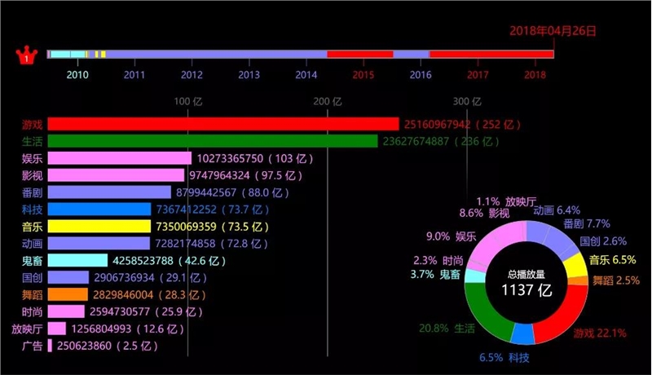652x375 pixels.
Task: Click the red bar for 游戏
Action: click(222, 124)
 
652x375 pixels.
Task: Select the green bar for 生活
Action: click(212, 141)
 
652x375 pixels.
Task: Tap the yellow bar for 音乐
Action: click(98, 227)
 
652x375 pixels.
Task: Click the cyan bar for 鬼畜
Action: click(77, 261)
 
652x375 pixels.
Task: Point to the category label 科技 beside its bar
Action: click(33, 210)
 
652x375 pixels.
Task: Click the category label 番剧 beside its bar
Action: click(33, 192)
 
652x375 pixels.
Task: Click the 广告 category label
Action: click(33, 346)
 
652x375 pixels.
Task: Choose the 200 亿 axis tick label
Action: click(328, 102)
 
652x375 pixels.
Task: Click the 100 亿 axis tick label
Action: click(188, 102)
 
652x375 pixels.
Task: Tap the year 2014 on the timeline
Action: click(306, 74)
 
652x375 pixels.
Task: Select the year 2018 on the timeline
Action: click(535, 74)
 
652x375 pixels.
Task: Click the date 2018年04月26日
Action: click(553, 31)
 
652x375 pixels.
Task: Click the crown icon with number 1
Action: click(28, 56)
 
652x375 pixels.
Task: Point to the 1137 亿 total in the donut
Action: click(526, 289)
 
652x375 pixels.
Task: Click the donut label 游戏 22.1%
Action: click(599, 333)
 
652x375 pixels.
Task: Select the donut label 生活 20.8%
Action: click(446, 328)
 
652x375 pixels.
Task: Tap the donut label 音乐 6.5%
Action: click(612, 260)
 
